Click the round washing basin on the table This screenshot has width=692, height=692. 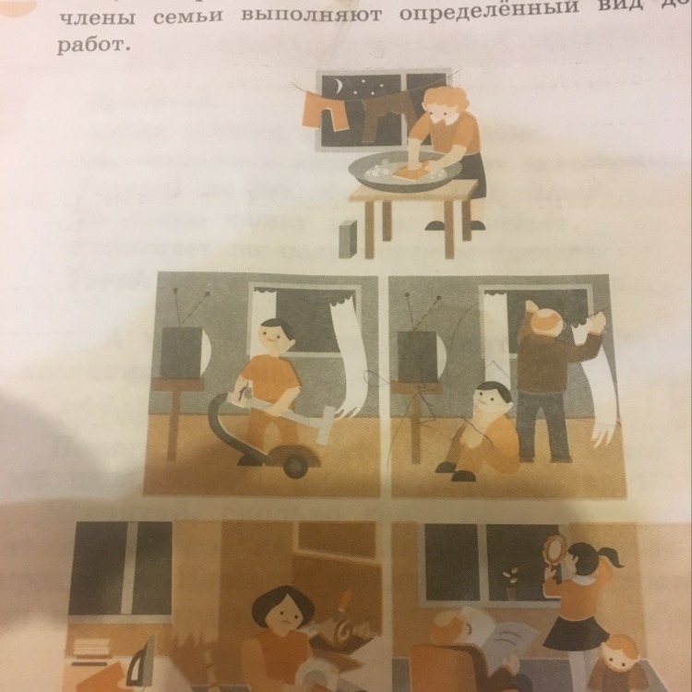tap(403, 171)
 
